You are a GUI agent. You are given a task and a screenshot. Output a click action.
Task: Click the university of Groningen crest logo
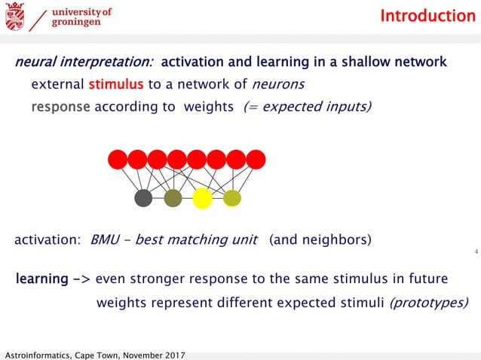pos(14,16)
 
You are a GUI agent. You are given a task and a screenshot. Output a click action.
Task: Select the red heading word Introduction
pos(427,16)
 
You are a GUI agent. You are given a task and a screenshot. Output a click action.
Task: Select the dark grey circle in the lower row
pos(143,198)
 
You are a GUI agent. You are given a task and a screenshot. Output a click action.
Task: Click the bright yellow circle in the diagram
pos(202,198)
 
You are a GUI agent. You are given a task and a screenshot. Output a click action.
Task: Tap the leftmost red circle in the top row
pos(118,160)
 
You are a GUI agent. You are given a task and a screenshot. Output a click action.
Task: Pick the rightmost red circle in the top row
pos(256,160)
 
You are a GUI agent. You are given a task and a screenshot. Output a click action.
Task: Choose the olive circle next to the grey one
pos(173,198)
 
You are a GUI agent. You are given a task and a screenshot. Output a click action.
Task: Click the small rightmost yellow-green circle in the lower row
pos(232,198)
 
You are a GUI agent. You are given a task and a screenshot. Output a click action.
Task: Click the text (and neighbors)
pos(320,241)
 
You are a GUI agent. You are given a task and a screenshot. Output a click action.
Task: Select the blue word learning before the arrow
pos(42,279)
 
